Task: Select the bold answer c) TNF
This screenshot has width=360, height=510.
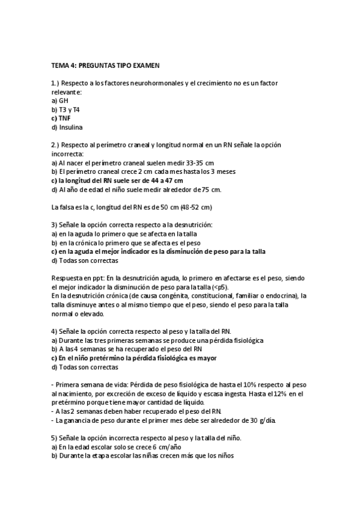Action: pos(61,118)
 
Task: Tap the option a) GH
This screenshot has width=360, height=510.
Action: pos(59,100)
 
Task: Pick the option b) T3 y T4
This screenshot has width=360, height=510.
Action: pos(65,109)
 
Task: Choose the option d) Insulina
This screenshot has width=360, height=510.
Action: pos(67,127)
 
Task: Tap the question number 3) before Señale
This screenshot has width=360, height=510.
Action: pos(54,224)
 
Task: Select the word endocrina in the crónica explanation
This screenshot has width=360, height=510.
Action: pos(282,296)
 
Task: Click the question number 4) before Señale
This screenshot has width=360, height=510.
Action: pos(54,331)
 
